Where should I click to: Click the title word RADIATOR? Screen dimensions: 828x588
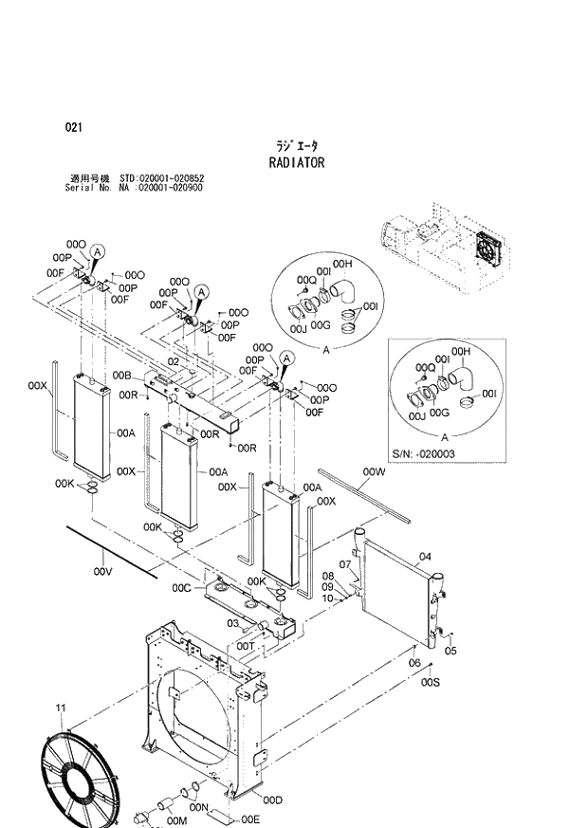click(x=297, y=162)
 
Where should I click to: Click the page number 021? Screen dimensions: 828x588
click(x=74, y=127)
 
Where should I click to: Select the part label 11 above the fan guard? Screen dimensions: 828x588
click(x=61, y=708)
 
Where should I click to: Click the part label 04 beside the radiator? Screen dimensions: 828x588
click(x=426, y=557)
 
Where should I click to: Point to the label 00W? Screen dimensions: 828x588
click(x=373, y=471)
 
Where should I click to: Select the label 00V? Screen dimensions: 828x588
click(x=103, y=572)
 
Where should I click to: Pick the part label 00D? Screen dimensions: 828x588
click(x=273, y=800)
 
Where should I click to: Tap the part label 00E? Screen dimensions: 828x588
click(x=250, y=819)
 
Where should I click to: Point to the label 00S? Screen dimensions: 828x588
click(x=430, y=681)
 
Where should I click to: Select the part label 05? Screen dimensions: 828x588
click(x=450, y=651)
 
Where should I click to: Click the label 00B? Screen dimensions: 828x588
click(x=121, y=377)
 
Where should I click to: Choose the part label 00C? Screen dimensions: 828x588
click(x=182, y=588)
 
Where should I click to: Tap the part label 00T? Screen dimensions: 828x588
click(x=245, y=645)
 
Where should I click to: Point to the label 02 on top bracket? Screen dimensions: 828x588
click(x=174, y=361)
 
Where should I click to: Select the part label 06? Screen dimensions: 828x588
click(x=413, y=662)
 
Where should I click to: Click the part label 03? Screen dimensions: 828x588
click(x=231, y=623)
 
